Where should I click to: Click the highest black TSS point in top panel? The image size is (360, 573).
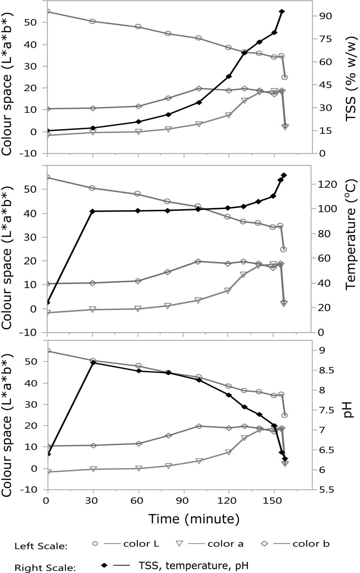pos(282,11)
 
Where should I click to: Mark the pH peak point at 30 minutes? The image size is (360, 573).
pos(93,363)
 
